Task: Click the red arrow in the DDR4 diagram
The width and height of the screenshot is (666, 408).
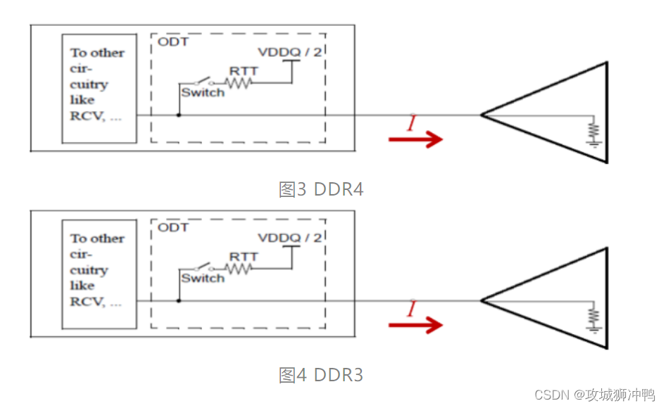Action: pyautogui.click(x=415, y=139)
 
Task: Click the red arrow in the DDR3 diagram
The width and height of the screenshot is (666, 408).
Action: pyautogui.click(x=415, y=324)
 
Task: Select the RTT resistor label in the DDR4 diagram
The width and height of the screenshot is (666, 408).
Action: pyautogui.click(x=244, y=71)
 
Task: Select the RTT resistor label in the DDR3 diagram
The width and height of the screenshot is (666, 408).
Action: pyautogui.click(x=244, y=257)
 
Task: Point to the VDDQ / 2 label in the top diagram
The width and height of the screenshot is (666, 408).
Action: pyautogui.click(x=290, y=51)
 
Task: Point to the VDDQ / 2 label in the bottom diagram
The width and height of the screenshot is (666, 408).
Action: pyautogui.click(x=290, y=238)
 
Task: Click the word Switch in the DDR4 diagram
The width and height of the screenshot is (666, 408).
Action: pyautogui.click(x=202, y=93)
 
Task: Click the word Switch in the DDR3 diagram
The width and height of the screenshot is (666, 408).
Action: pyautogui.click(x=202, y=279)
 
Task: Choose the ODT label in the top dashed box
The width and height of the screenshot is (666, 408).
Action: pyautogui.click(x=172, y=42)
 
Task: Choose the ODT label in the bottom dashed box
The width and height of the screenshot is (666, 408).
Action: pyautogui.click(x=172, y=227)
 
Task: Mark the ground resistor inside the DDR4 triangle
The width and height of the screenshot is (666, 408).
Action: pyautogui.click(x=593, y=132)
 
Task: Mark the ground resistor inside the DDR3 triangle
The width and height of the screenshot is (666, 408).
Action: pyautogui.click(x=593, y=317)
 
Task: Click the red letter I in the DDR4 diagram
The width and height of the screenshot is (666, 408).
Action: pyautogui.click(x=410, y=123)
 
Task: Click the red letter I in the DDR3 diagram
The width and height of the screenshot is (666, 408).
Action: pyautogui.click(x=410, y=309)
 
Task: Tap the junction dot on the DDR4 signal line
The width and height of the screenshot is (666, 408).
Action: pyautogui.click(x=179, y=115)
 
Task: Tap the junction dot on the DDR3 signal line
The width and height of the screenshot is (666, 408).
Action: pyautogui.click(x=179, y=301)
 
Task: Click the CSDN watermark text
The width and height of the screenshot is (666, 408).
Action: pyautogui.click(x=594, y=395)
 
